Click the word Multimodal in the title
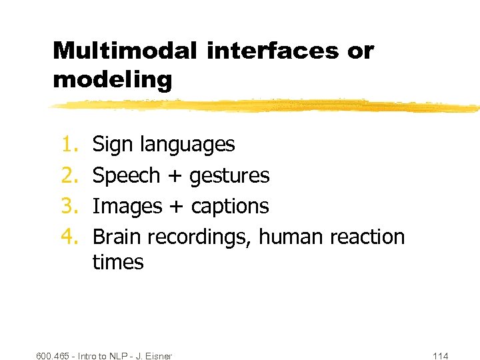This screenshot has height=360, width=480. (x=125, y=51)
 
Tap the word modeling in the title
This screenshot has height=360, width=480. (x=112, y=80)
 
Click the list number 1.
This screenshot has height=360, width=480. (x=70, y=144)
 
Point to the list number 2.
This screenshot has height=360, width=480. (x=70, y=175)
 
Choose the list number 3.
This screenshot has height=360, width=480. (x=70, y=207)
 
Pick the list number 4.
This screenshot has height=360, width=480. (x=70, y=237)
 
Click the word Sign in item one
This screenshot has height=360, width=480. (x=110, y=144)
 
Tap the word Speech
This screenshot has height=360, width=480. (x=126, y=176)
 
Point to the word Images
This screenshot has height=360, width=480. (x=125, y=207)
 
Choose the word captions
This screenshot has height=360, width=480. (x=230, y=207)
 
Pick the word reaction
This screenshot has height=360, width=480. (x=367, y=237)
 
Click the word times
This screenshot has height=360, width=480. (x=118, y=262)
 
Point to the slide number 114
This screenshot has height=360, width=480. (x=441, y=356)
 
